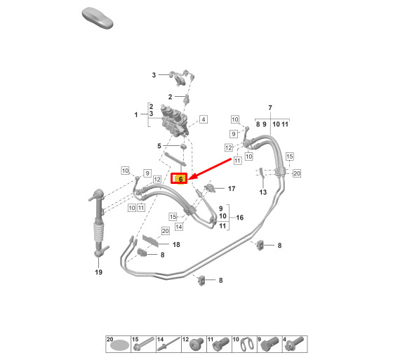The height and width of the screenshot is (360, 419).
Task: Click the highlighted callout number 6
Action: (x=179, y=178)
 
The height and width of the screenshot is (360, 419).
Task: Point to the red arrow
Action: (x=210, y=168)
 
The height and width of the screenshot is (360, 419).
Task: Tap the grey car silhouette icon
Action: (x=98, y=18)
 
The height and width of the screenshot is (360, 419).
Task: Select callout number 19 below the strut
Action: (x=98, y=272)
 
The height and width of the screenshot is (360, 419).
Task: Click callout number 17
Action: (x=232, y=189)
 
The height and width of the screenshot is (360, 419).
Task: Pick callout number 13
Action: (x=263, y=192)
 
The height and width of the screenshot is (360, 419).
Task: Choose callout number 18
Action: (x=176, y=244)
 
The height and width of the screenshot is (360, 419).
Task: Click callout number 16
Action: (x=240, y=218)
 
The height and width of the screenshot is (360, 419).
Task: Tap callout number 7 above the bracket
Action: (x=270, y=107)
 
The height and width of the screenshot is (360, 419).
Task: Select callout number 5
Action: (x=159, y=146)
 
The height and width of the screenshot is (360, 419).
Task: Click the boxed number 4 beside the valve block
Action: (x=204, y=119)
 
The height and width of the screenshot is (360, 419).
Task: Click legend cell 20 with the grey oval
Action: (x=119, y=345)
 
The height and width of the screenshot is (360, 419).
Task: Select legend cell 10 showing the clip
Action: (x=244, y=345)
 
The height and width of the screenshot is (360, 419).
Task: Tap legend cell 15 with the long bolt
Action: (x=143, y=345)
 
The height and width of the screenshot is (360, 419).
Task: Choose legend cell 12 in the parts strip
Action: (x=194, y=345)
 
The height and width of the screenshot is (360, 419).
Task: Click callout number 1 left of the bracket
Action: (x=136, y=114)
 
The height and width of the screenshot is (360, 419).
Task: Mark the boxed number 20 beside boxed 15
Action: (x=297, y=173)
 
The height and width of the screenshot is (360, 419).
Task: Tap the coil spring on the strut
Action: (x=98, y=232)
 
